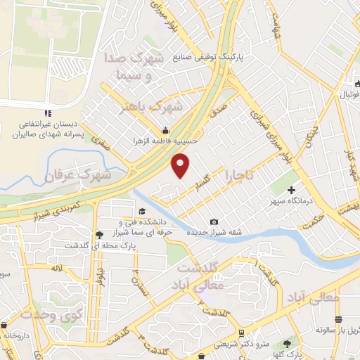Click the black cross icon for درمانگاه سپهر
point(291,191)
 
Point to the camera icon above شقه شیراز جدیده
point(213,222)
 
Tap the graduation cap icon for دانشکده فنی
point(142,212)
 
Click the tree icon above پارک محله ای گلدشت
point(101,234)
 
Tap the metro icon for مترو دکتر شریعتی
point(241,333)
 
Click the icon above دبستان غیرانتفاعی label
point(47,113)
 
